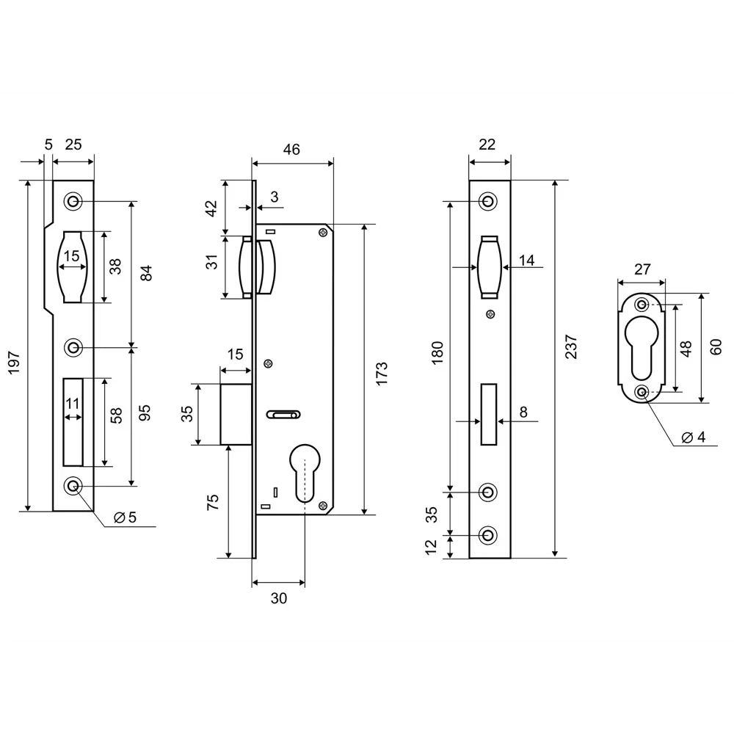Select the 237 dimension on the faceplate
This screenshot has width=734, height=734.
point(573,346)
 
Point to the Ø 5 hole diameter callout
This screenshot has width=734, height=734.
point(125,517)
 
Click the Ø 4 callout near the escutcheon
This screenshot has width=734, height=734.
point(693,437)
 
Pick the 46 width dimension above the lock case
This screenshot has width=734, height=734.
point(291,150)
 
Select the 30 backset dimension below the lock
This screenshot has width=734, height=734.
point(278,598)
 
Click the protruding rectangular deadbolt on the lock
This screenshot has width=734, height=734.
point(237,414)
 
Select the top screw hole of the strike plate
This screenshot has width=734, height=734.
point(73,201)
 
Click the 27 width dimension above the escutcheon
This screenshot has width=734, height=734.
point(642,269)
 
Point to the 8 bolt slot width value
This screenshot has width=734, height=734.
point(523,412)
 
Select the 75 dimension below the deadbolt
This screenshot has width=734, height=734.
point(213,502)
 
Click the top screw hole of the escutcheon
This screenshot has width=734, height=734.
point(642,305)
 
